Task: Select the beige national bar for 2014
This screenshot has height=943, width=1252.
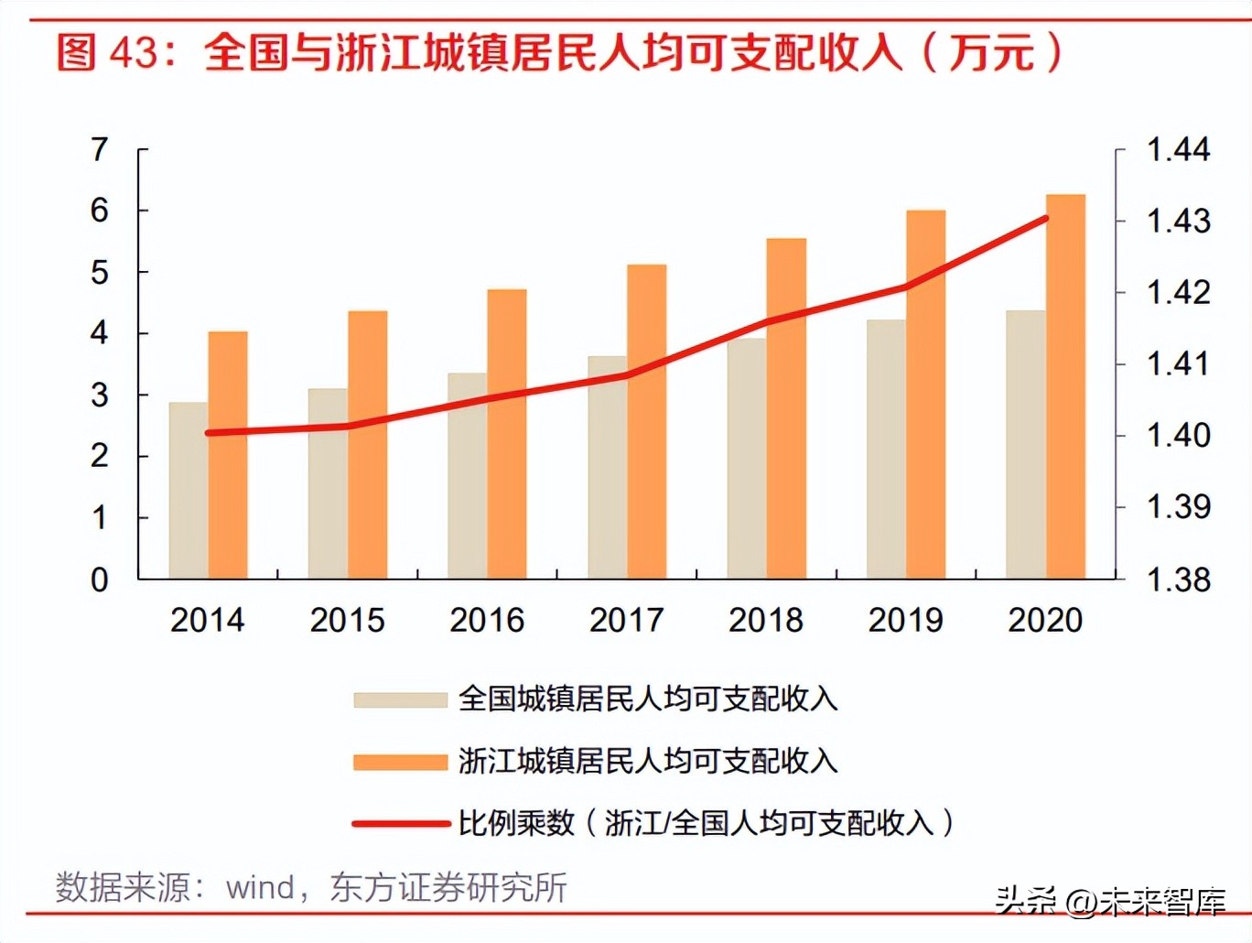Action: click(189, 491)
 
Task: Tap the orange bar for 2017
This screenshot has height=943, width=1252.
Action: click(647, 421)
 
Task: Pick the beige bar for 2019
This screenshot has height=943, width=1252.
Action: click(886, 449)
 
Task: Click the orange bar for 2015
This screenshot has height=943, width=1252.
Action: click(368, 445)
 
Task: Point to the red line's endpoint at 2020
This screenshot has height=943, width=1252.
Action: click(1045, 219)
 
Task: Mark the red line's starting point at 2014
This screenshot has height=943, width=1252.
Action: click(209, 433)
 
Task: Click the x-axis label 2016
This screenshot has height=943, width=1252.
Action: click(487, 621)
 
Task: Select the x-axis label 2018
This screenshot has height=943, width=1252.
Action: click(766, 621)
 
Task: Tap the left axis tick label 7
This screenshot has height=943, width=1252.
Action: click(99, 149)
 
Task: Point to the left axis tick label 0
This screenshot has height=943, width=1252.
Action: click(99, 580)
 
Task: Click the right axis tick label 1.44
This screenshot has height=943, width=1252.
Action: click(1178, 149)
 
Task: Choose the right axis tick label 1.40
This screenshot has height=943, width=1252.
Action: click(1178, 435)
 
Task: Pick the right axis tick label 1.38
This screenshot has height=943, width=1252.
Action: click(1178, 580)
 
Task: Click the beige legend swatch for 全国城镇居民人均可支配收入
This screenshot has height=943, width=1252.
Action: click(400, 700)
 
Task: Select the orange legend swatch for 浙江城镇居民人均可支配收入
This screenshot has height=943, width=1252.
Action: click(400, 762)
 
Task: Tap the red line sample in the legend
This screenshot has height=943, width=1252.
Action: click(400, 824)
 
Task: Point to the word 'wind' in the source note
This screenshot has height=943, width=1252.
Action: click(260, 888)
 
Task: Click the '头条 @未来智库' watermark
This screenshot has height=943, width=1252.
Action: click(1110, 901)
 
